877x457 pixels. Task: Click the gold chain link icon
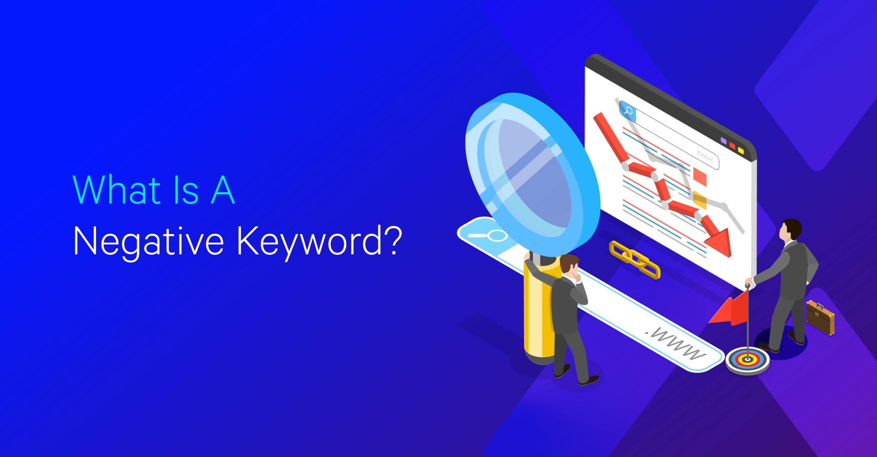[x=634, y=259]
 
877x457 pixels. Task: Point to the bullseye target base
[x=748, y=361]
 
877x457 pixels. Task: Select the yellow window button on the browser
[x=741, y=150]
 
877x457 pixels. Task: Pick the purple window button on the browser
[x=724, y=141]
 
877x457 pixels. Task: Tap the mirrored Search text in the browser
[x=705, y=156]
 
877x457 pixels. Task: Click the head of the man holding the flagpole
[x=790, y=229]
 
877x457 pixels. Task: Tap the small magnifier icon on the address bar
[x=488, y=235]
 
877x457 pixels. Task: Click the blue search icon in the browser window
[x=628, y=111]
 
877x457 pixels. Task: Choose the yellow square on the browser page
[x=700, y=201]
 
